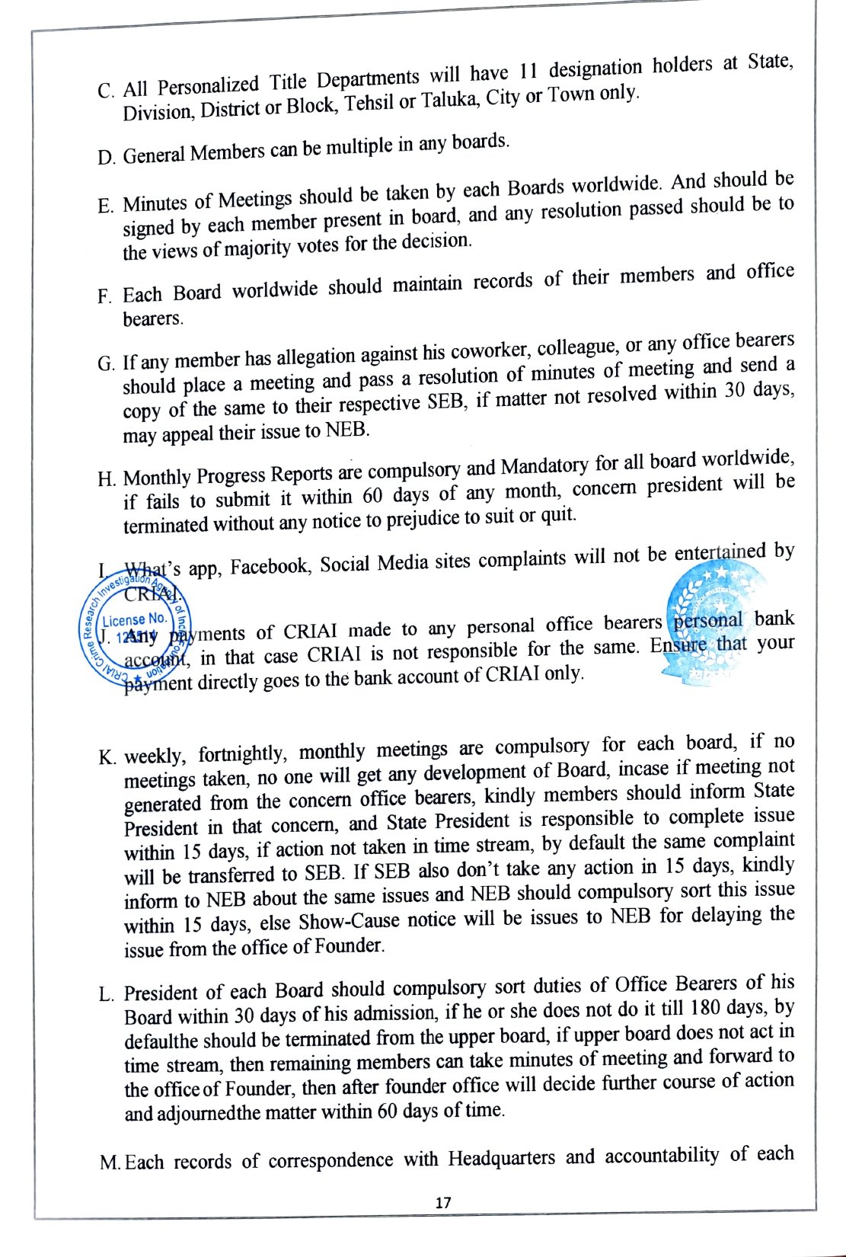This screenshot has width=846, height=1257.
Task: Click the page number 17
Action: tap(443, 1203)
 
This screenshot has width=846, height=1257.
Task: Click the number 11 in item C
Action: tap(528, 72)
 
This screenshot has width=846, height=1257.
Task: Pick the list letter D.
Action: tap(106, 158)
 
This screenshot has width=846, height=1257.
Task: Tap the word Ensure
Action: tap(679, 646)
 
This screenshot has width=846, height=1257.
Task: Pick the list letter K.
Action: tap(107, 758)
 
